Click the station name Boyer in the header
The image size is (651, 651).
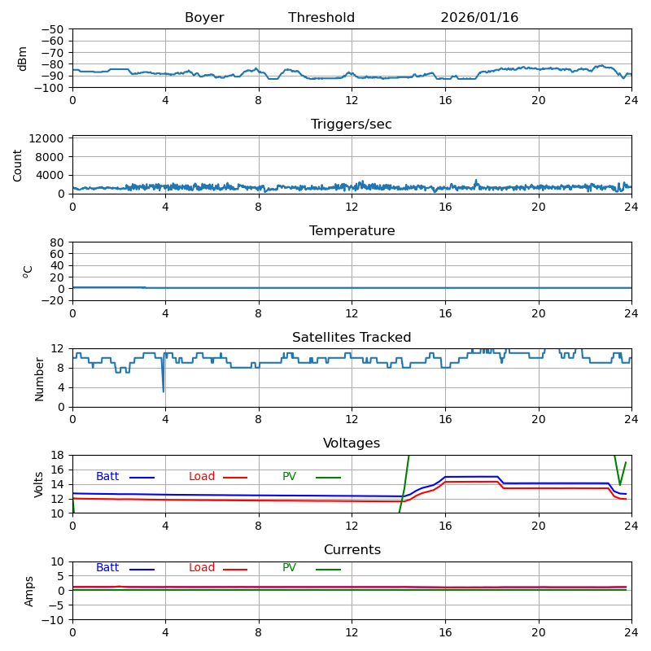(x=204, y=18)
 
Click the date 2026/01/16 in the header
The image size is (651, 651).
(x=479, y=18)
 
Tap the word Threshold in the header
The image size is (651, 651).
(x=321, y=18)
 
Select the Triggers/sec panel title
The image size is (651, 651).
(x=352, y=125)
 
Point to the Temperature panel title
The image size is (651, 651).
(x=352, y=231)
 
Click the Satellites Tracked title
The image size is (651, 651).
(x=352, y=338)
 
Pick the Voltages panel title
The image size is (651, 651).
(x=352, y=443)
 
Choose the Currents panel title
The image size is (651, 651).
(x=352, y=550)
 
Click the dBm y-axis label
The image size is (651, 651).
(x=23, y=58)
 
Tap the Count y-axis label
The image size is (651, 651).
(x=18, y=164)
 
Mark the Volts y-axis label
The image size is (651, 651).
(x=39, y=484)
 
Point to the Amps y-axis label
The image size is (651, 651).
(x=29, y=591)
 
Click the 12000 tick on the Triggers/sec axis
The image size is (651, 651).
(x=48, y=138)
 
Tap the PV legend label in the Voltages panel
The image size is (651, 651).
(x=291, y=477)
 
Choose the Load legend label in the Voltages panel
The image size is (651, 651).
(x=202, y=477)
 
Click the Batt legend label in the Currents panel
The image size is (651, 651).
(x=107, y=568)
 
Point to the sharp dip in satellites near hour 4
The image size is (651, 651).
(x=163, y=391)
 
